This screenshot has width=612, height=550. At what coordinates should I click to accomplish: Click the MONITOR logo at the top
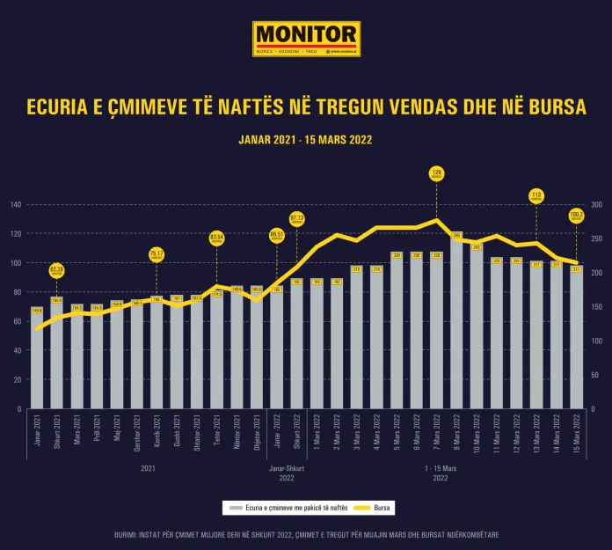pos(306,39)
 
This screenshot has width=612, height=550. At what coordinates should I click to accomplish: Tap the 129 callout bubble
pos(437,174)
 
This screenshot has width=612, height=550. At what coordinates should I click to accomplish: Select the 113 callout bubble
pos(536,195)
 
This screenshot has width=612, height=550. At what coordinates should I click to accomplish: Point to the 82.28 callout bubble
pos(57,270)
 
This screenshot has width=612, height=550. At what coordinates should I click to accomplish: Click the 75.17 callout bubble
pos(157,254)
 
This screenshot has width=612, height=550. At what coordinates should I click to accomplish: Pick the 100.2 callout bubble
pos(577,215)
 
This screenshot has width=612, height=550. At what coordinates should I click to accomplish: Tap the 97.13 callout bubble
pos(296,219)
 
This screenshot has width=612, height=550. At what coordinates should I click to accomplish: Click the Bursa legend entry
pos(376,509)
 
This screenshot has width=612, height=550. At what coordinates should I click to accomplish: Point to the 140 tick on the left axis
pos(16,204)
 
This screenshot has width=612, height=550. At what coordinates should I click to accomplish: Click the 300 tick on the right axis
pos(597,204)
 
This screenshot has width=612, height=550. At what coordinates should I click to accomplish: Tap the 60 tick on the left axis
pos(16,321)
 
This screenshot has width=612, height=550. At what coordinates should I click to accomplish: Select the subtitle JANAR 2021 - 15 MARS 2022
pos(306,139)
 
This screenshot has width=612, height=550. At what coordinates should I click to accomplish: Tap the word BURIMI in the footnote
pos(128,535)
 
